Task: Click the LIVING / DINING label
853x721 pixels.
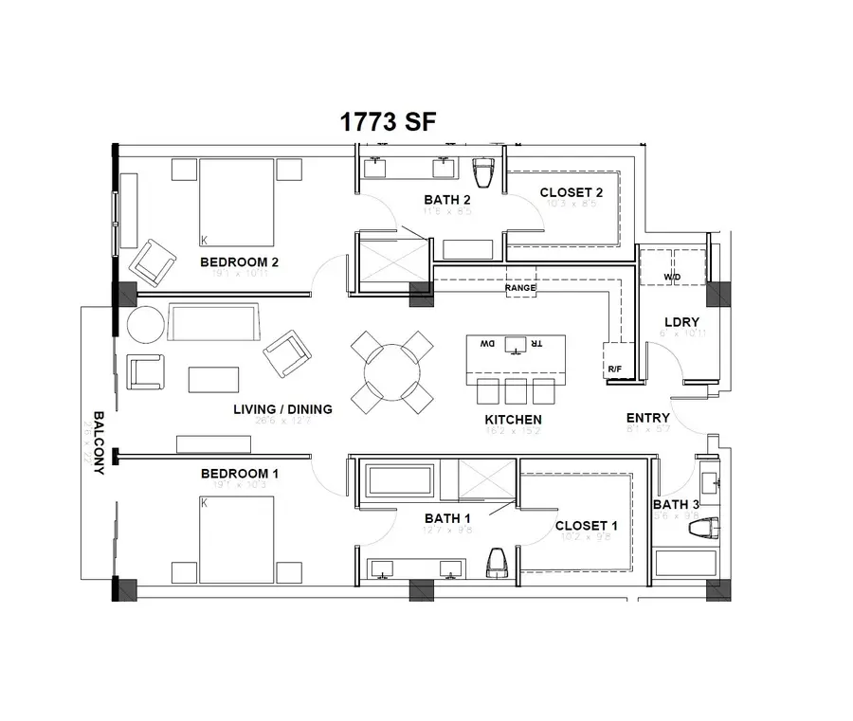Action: pyautogui.click(x=282, y=409)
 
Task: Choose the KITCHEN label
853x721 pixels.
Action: pyautogui.click(x=513, y=419)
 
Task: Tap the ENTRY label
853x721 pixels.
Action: pyautogui.click(x=648, y=417)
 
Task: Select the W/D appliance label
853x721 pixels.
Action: pyautogui.click(x=672, y=278)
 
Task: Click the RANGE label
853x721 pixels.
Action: pyautogui.click(x=520, y=287)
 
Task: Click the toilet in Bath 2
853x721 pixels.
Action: pyautogui.click(x=484, y=173)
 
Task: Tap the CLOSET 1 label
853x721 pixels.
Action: pyautogui.click(x=587, y=526)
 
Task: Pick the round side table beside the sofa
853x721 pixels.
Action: pyautogui.click(x=145, y=325)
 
